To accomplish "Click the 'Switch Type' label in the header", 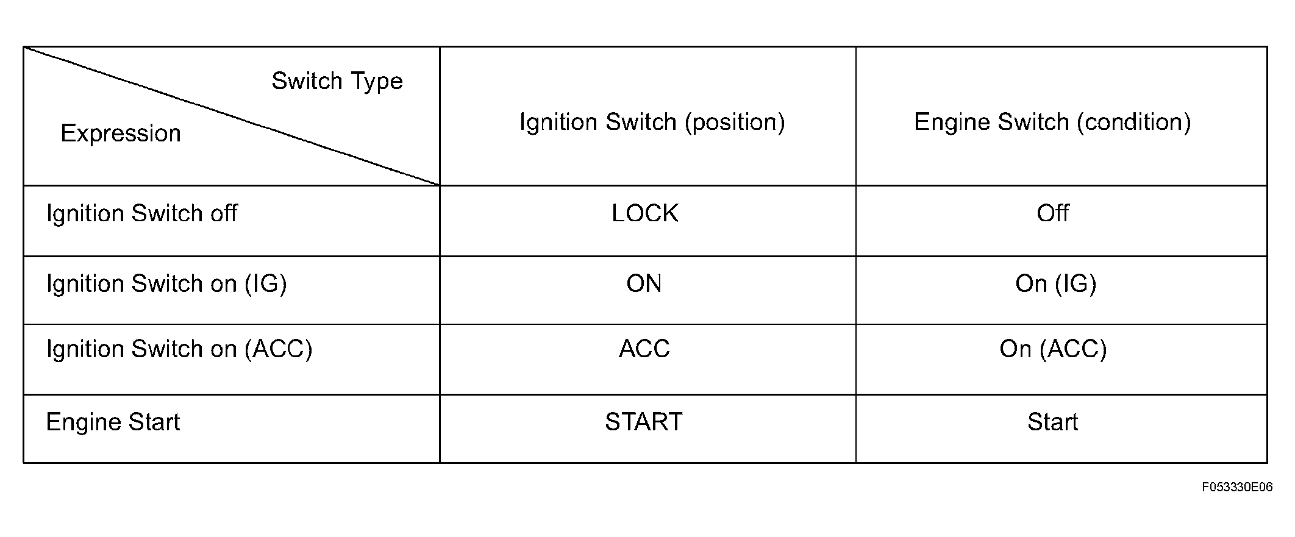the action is (x=337, y=82).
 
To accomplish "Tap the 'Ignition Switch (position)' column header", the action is (x=652, y=123).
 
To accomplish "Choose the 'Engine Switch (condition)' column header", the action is (x=1052, y=123).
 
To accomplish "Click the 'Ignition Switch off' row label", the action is (x=142, y=213).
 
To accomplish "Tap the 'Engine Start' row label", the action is (x=113, y=422).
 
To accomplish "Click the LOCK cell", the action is (x=645, y=213).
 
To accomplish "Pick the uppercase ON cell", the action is (x=644, y=284).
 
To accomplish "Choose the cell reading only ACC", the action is (x=644, y=349).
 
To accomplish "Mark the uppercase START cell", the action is (x=644, y=422).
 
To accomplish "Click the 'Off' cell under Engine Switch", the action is (x=1053, y=213).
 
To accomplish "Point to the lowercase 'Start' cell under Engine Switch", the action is (x=1053, y=422).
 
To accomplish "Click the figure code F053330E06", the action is (x=1238, y=487).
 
